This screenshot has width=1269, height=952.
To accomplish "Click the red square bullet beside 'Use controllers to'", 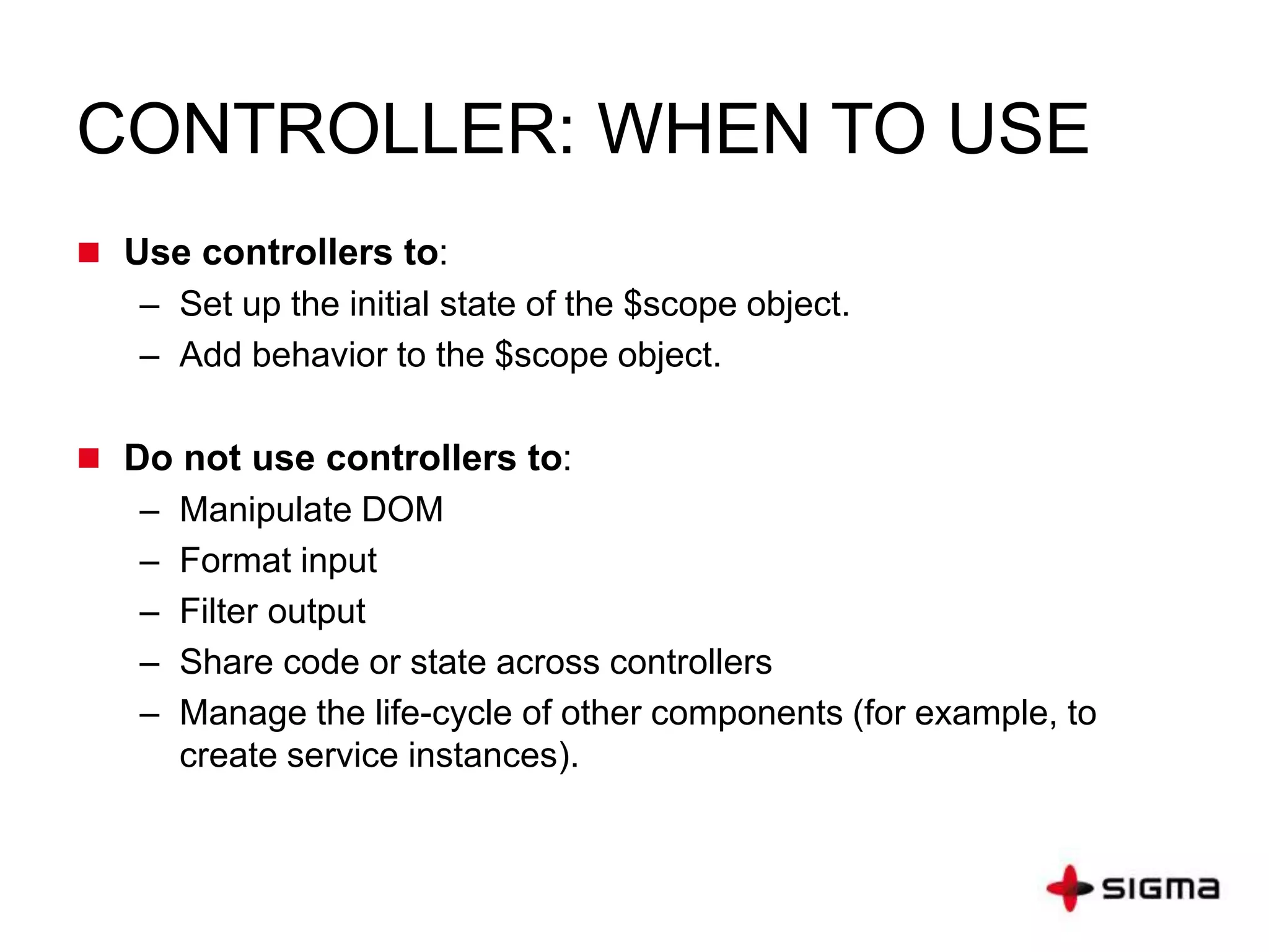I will [89, 253].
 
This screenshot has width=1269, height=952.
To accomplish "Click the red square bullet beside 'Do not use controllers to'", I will [89, 459].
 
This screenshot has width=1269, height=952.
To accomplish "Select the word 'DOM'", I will [402, 509].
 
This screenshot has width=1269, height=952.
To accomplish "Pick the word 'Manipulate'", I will [265, 510].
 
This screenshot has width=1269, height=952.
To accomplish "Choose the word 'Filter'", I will [218, 611].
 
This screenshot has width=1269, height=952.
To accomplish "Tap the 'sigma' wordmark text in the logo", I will [1161, 888].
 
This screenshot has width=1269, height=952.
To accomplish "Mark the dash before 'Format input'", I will [150, 562].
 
